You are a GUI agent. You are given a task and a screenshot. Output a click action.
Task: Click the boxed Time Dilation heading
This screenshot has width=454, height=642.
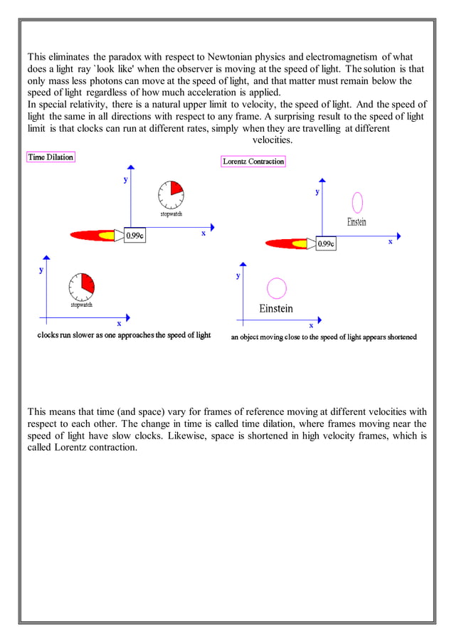[x=51, y=157]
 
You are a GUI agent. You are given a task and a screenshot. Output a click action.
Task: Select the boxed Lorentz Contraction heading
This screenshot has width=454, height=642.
[x=254, y=162]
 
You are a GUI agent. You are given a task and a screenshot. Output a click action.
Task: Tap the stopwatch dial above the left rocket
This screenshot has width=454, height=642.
[x=171, y=193]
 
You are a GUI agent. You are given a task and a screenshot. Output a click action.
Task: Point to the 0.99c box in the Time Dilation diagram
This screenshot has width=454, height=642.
[x=135, y=236]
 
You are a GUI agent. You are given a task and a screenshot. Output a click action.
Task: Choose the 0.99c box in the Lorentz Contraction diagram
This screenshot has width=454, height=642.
[x=326, y=243]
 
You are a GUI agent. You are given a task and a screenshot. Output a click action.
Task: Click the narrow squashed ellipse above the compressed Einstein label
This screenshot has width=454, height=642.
[x=357, y=202]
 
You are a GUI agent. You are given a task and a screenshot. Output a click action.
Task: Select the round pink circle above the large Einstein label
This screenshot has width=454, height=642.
[x=276, y=288]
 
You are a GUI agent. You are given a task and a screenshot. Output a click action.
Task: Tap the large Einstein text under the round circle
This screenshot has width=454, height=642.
[x=275, y=309]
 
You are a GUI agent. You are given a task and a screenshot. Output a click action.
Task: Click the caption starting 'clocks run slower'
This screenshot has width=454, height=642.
[x=124, y=335]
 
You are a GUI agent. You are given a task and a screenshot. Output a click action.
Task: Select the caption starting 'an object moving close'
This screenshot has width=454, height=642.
[x=324, y=337]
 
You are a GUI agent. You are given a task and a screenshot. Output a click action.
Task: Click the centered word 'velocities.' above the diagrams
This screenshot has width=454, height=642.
[x=273, y=140]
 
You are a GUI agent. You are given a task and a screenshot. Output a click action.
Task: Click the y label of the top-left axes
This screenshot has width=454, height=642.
[x=126, y=179]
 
